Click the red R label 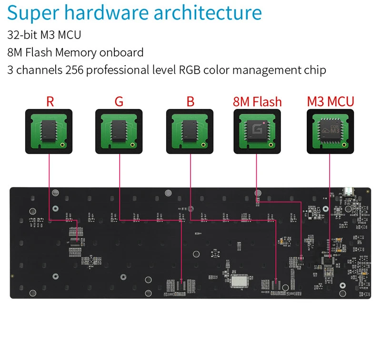(x=50, y=101)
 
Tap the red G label (x=119, y=101)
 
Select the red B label (x=190, y=101)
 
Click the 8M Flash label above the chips (x=257, y=101)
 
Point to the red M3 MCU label (x=331, y=101)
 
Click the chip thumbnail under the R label (x=49, y=131)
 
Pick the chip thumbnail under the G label (x=119, y=131)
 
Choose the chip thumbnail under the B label (x=190, y=131)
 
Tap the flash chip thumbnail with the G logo (x=257, y=131)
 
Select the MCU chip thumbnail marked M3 (x=330, y=131)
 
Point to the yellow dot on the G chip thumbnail (x=133, y=144)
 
